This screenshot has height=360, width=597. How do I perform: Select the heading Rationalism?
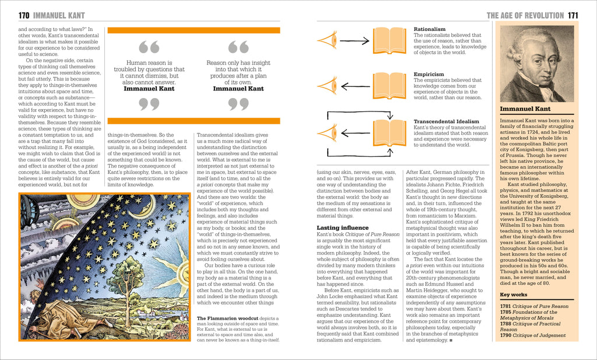pos(429,29)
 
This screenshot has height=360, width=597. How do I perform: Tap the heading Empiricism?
pos(429,74)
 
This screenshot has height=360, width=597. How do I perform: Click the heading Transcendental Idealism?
pos(446,121)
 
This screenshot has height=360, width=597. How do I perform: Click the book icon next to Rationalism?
pos(389,40)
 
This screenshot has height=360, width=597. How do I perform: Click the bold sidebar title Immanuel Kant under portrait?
pos(525,109)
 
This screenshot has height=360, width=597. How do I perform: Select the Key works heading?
pos(514,294)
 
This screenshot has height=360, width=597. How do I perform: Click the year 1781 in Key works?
pos(505,306)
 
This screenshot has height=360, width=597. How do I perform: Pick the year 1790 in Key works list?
pos(505,335)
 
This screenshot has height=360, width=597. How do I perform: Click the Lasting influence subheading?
pos(342,228)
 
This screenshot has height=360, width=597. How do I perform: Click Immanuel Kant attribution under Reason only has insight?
pos(238,89)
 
